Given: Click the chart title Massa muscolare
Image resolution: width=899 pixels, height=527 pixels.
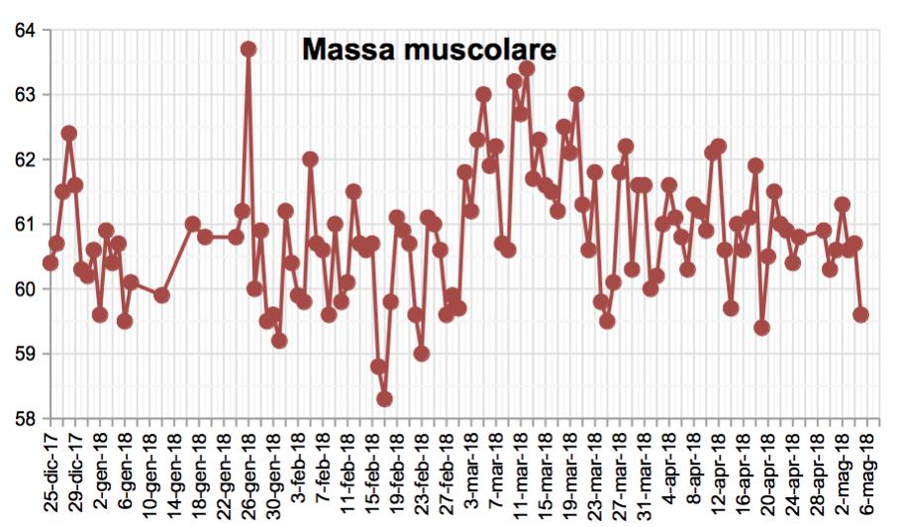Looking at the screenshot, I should tap(430, 50).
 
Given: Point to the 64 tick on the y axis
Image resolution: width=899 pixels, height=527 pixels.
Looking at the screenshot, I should tap(24, 31).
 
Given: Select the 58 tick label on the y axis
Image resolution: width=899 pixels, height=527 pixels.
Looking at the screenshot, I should tap(24, 418).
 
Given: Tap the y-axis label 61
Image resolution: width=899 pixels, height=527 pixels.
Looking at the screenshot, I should tap(24, 224).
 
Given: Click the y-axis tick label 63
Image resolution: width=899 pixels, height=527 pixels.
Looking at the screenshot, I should tap(24, 95).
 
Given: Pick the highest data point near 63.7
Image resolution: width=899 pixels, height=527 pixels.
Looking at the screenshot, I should tap(249, 49).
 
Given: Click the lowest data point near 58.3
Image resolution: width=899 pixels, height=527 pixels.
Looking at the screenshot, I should tap(384, 399).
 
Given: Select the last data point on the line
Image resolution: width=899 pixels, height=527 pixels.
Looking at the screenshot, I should tap(860, 314).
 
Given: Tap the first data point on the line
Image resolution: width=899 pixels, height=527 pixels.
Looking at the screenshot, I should tap(50, 263).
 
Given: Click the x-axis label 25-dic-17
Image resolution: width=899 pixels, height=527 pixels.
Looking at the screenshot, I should tap(50, 474).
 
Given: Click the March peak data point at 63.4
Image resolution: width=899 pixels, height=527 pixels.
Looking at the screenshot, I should tap(527, 68).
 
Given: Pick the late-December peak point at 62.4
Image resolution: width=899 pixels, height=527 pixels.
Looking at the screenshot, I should tap(69, 133).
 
